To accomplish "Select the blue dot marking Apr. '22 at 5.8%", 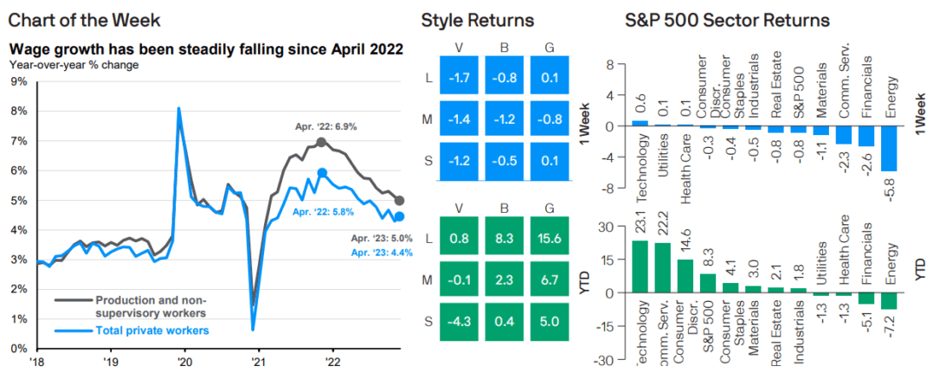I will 323,173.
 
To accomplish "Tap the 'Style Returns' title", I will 477,20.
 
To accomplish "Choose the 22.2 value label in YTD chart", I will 665,230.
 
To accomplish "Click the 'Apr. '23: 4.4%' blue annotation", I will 381,252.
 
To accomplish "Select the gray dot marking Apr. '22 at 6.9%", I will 321,142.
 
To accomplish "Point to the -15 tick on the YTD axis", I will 608,326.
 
